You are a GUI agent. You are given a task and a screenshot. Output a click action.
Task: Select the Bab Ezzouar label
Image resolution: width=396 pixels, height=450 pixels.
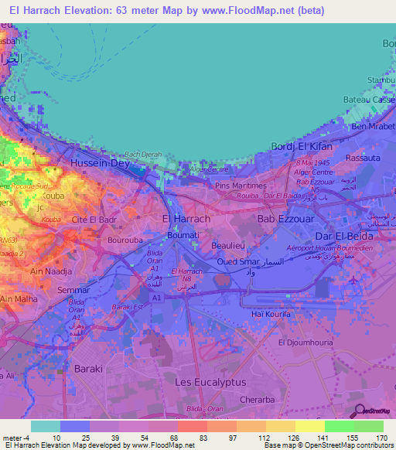pos(286,220)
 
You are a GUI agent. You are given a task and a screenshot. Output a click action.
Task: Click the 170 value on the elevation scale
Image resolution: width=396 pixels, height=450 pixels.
pos(380,437)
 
